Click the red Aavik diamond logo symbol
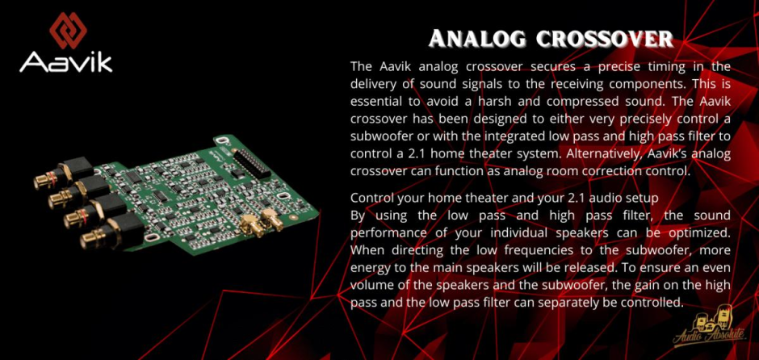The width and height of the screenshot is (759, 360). (69, 31)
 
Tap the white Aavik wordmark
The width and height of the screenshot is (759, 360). (66, 62)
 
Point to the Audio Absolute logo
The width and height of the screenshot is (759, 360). (709, 329)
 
